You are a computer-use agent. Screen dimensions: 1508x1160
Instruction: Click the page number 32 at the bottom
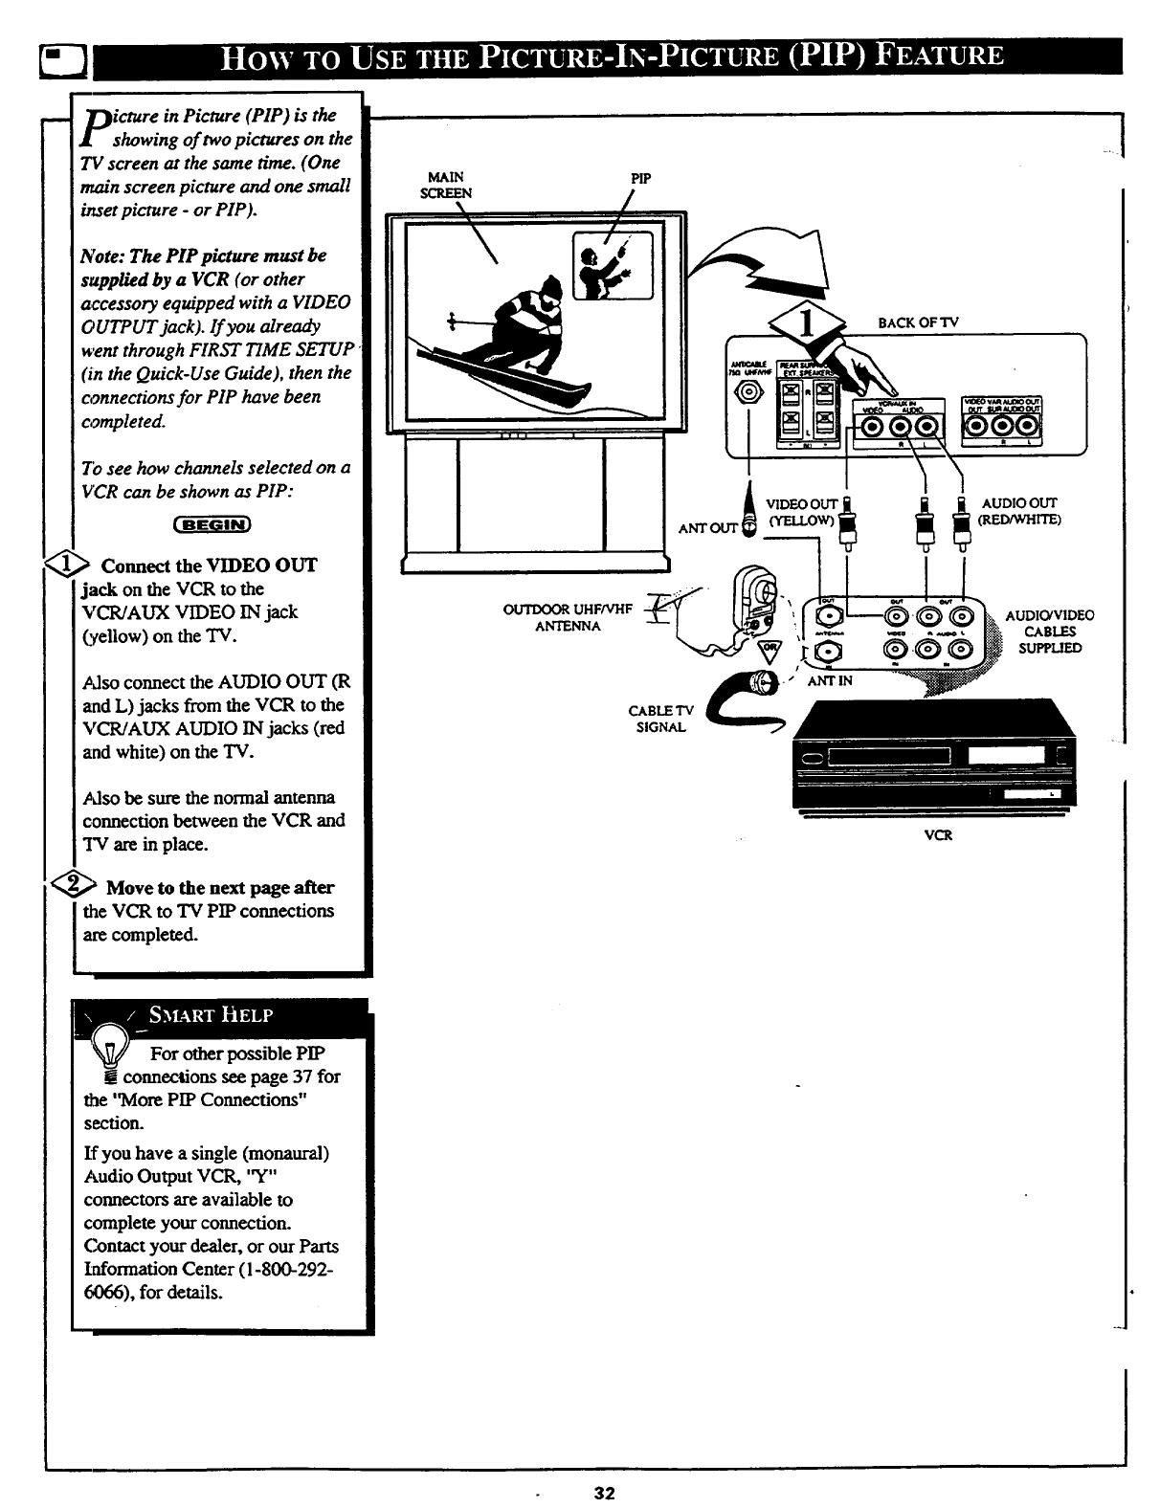coord(604,1492)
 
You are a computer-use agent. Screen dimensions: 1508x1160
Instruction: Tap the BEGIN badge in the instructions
coord(212,523)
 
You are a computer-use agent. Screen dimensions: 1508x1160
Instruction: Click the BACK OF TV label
coord(917,322)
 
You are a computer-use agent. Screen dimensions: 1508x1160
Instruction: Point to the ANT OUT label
coord(708,527)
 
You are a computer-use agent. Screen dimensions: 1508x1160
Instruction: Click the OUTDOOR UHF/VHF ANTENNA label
coord(569,617)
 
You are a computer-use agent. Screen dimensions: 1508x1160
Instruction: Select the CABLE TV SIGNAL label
coord(661,719)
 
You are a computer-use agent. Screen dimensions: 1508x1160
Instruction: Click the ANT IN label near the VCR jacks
coord(829,680)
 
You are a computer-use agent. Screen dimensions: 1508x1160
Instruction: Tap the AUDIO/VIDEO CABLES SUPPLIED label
coord(1050,632)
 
